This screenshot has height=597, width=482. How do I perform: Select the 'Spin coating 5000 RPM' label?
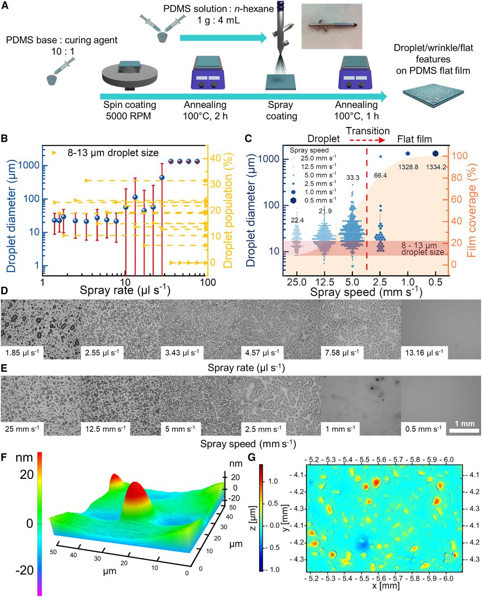click(129, 111)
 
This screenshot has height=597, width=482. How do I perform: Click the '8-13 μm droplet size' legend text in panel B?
click(113, 153)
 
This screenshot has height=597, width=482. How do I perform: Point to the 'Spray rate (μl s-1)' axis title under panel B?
click(125, 291)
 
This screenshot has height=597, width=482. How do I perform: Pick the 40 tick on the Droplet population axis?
click(216, 158)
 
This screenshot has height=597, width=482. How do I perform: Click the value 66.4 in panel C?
click(380, 175)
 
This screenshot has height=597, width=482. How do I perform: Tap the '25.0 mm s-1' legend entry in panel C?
click(318, 158)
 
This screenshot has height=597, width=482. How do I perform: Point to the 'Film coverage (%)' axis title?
click(471, 210)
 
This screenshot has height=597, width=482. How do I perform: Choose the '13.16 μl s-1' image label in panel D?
click(424, 353)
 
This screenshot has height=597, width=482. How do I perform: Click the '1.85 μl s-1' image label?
click(22, 353)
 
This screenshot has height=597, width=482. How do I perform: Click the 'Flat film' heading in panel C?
click(414, 139)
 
